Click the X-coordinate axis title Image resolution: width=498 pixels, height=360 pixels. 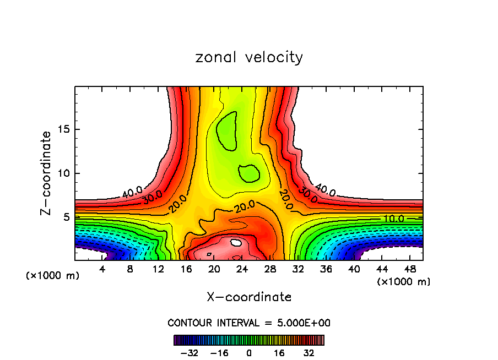(x=249, y=297)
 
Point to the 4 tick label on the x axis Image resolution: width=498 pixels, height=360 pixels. (x=102, y=269)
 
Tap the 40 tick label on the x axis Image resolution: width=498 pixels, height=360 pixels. (x=354, y=269)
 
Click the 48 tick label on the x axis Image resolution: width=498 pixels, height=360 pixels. (x=410, y=269)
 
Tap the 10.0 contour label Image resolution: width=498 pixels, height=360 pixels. (x=393, y=219)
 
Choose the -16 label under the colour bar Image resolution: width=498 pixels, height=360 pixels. (x=219, y=353)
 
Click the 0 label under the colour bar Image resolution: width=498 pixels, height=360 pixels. (x=249, y=353)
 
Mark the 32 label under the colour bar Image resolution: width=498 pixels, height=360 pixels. (x=308, y=353)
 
